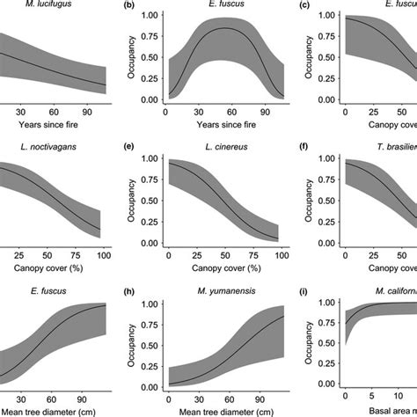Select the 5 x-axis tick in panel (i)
tap(375, 391)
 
